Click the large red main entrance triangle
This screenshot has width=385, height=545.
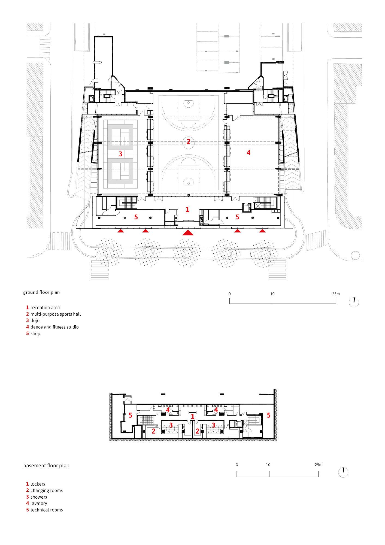pyautogui.click(x=187, y=232)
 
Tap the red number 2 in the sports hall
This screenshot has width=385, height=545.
pyautogui.click(x=188, y=141)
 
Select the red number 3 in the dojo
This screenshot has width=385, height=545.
pyautogui.click(x=120, y=154)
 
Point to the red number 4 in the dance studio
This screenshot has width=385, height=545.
pyautogui.click(x=248, y=153)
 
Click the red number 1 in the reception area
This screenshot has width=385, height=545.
pyautogui.click(x=187, y=210)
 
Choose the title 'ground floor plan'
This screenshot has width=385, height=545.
pyautogui.click(x=41, y=292)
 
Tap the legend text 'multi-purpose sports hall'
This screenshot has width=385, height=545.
pyautogui.click(x=56, y=314)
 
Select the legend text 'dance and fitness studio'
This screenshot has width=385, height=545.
pyautogui.click(x=54, y=327)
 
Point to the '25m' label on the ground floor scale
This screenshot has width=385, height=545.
pyautogui.click(x=336, y=294)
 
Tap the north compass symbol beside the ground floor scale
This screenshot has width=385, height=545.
pyautogui.click(x=354, y=302)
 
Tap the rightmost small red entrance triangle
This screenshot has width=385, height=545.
pyautogui.click(x=262, y=231)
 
